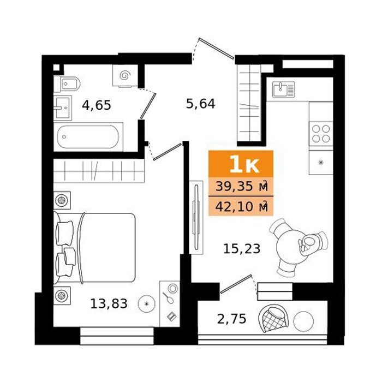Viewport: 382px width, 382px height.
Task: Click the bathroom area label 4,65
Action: pyautogui.click(x=97, y=105)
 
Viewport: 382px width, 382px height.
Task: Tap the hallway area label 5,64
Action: pyautogui.click(x=200, y=104)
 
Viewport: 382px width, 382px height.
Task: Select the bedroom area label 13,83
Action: pyautogui.click(x=109, y=303)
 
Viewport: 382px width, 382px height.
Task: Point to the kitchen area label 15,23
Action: pyautogui.click(x=242, y=248)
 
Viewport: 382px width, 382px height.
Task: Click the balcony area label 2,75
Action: pyautogui.click(x=231, y=319)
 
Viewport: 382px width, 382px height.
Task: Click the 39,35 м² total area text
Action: pyautogui.click(x=242, y=187)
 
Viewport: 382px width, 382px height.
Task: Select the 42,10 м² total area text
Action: pyautogui.click(x=242, y=207)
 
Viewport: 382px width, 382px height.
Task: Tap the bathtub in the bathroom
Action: pyautogui.click(x=88, y=137)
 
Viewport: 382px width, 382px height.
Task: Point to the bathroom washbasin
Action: pyautogui.click(x=63, y=108)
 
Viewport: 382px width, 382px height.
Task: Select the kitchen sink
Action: pyautogui.click(x=284, y=89)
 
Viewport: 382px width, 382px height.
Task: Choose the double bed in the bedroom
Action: pyautogui.click(x=94, y=248)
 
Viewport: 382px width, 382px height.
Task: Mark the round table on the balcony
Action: pyautogui.click(x=303, y=321)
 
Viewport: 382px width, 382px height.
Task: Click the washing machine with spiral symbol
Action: pyautogui.click(x=125, y=75)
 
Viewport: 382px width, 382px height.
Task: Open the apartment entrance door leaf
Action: pyautogui.click(x=216, y=48)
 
